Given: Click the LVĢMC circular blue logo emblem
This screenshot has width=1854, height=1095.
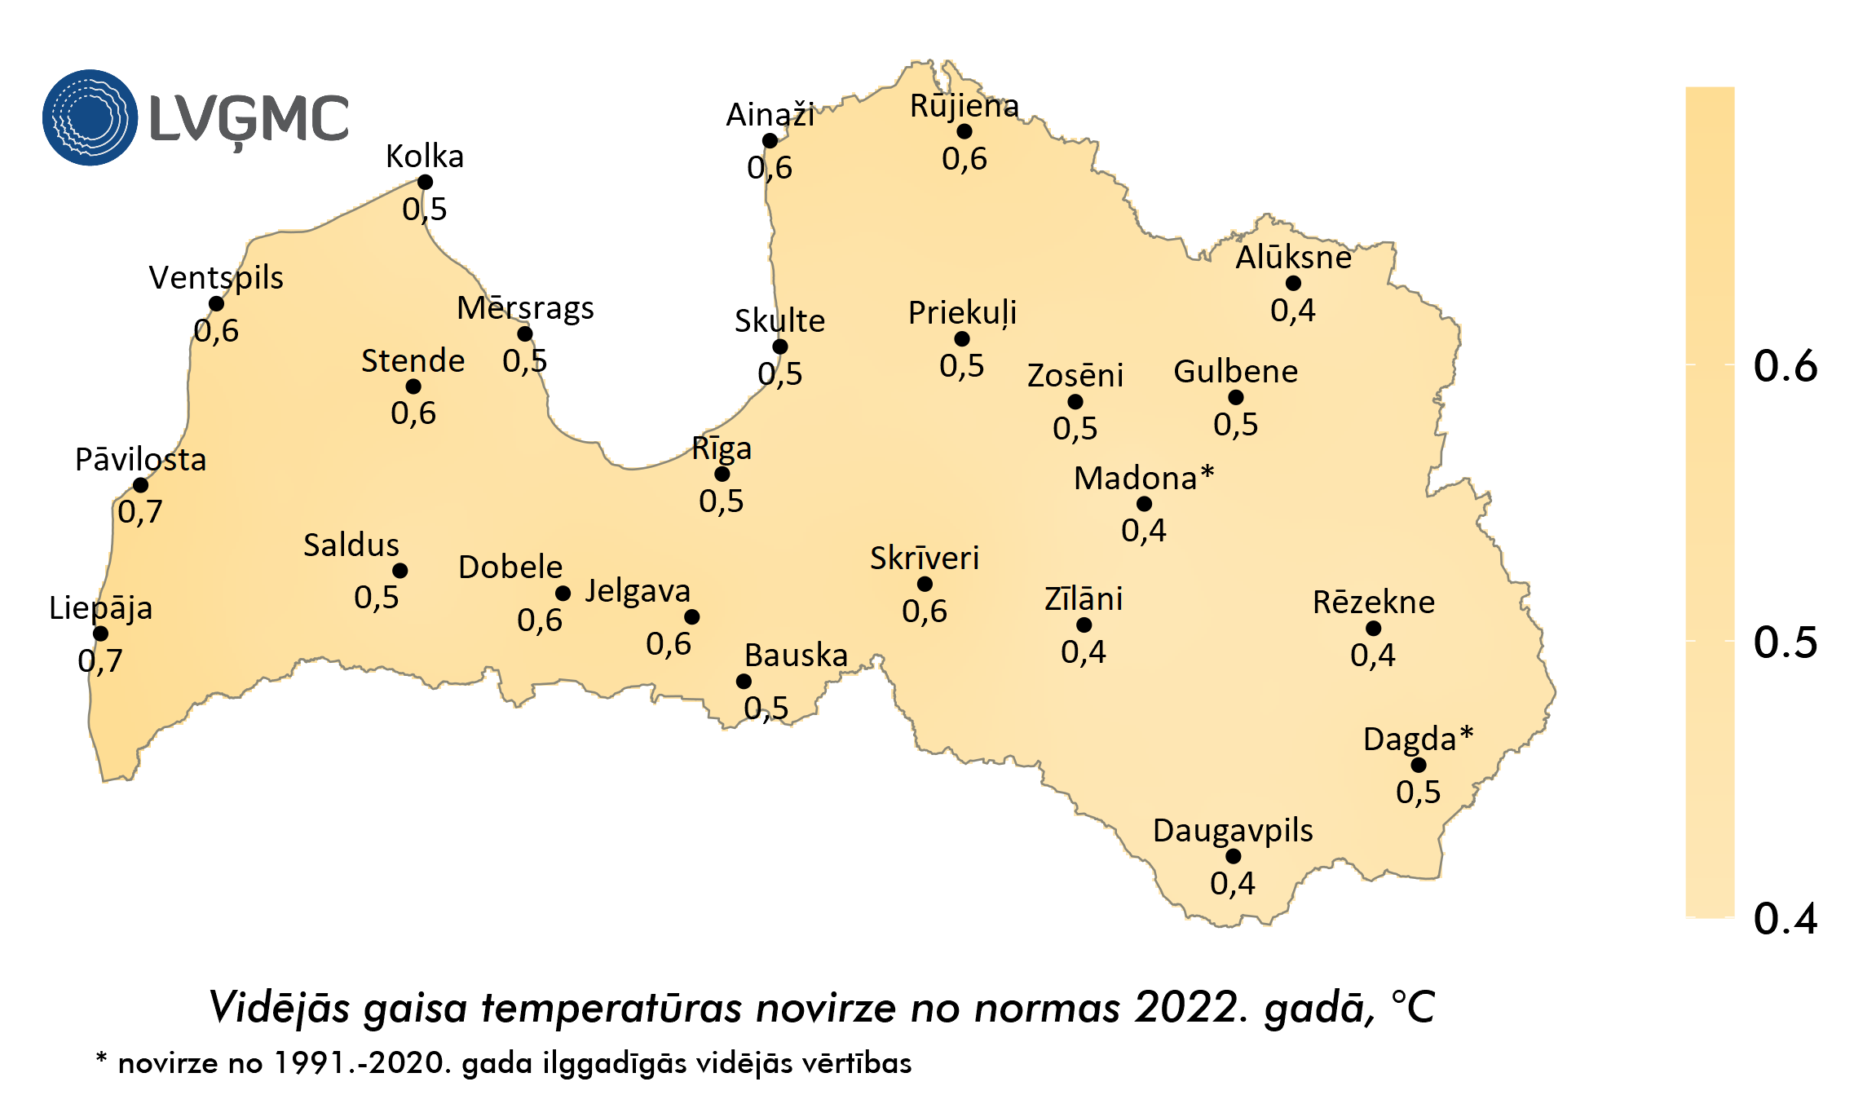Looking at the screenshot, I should [90, 117].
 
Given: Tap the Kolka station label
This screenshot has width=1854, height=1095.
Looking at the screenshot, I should [424, 157].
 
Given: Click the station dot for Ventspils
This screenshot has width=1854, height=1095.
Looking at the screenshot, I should [216, 304].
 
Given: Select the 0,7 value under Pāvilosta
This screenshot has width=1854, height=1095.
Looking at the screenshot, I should [139, 512].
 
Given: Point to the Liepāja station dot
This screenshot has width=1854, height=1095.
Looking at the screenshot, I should [100, 634].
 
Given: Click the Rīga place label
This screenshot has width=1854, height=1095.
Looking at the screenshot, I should [722, 448].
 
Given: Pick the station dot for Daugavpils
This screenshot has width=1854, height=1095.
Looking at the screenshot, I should [1233, 856].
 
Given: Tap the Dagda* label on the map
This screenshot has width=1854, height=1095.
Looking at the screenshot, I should [1417, 739].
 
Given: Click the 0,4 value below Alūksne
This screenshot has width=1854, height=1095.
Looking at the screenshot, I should [1292, 311].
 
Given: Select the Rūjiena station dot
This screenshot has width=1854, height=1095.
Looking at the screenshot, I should [964, 131].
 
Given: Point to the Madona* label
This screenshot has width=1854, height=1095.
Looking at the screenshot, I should [1143, 478].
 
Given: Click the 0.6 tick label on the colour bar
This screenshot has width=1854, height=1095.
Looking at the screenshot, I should [1785, 365].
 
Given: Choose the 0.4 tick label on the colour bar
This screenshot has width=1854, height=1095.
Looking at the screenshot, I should [1785, 919].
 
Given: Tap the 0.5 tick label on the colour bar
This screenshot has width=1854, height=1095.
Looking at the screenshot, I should [1785, 642].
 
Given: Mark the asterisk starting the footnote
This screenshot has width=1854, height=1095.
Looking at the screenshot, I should [101, 1059].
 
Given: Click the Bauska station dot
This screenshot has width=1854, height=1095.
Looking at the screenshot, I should [744, 681].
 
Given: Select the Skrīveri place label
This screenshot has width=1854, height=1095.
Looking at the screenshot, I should [924, 559].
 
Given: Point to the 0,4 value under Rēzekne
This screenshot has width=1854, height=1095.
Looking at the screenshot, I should [1372, 656].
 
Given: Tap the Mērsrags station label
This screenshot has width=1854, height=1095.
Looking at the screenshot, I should [525, 308].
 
